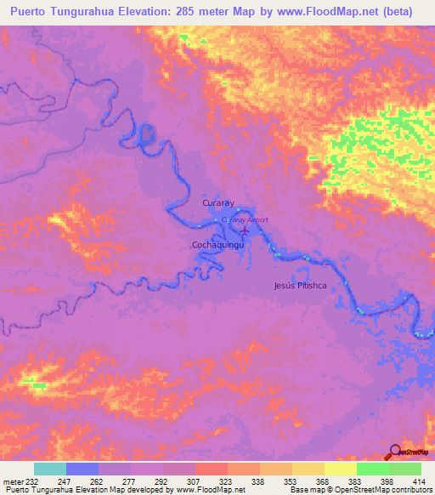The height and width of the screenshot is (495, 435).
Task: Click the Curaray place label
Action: tap(217, 204)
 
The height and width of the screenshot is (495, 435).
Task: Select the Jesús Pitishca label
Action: tap(300, 286)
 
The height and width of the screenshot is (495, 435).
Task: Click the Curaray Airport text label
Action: tap(245, 219)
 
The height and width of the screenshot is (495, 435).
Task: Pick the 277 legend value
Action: tap(131, 481)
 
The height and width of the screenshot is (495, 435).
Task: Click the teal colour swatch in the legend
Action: tap(50, 469)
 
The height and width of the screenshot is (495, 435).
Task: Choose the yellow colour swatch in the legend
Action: tap(340, 469)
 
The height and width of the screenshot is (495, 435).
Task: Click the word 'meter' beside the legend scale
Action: tap(13, 481)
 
